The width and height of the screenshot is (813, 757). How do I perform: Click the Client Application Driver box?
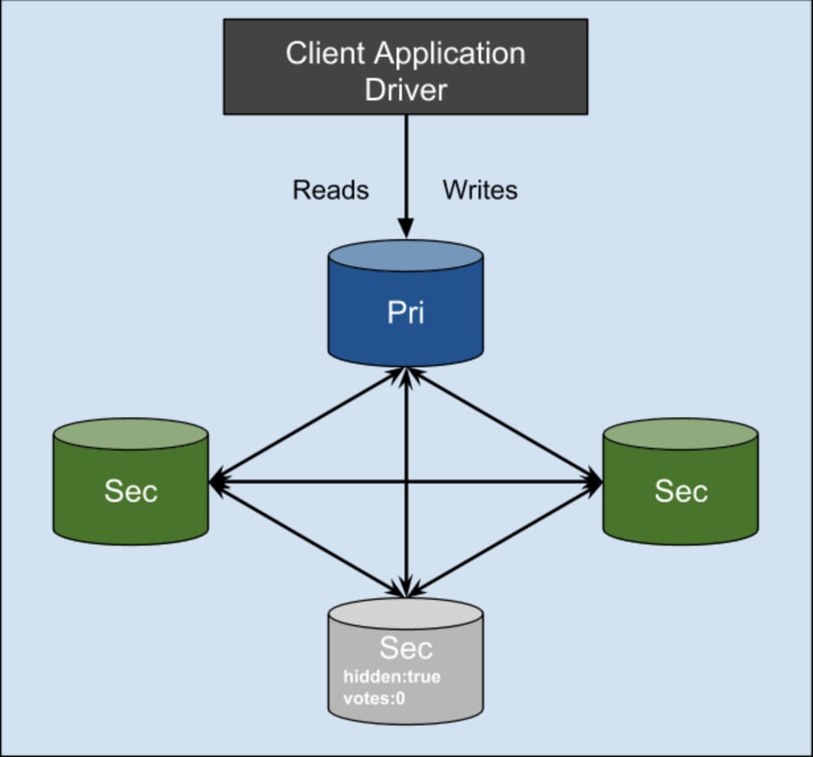tap(405, 67)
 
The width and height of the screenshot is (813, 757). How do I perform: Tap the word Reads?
tap(330, 190)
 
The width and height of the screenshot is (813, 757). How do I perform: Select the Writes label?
tap(480, 190)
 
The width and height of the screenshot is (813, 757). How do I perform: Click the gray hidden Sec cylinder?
tap(405, 665)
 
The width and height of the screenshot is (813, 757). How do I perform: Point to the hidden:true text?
tap(392, 677)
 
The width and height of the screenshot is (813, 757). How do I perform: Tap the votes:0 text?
tap(374, 698)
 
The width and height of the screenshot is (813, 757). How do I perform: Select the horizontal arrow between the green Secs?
tap(406, 483)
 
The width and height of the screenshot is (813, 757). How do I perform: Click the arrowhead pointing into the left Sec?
tap(217, 483)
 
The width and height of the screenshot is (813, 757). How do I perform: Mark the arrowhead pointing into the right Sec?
tap(595, 483)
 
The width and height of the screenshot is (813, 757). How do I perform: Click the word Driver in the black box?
tap(405, 89)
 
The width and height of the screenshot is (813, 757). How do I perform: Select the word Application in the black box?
tap(448, 54)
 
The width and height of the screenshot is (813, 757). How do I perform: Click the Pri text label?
tap(405, 313)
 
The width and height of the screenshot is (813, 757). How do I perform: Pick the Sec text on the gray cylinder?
tap(405, 647)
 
